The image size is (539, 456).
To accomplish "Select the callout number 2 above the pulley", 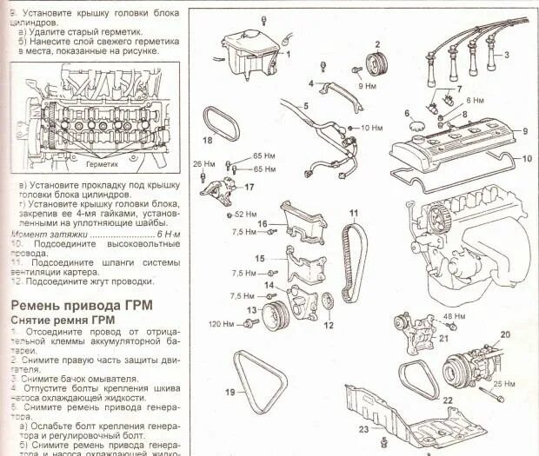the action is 377,44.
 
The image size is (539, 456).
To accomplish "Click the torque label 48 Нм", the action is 455,316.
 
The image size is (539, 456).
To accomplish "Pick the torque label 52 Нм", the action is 246,214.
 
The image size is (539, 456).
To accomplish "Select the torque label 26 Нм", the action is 203,162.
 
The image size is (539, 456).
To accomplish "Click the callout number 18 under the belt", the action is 207,139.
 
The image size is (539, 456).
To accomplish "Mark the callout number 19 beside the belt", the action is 230,392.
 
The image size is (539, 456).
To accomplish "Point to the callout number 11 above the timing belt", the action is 354,214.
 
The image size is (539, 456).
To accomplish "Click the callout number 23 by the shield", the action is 363,429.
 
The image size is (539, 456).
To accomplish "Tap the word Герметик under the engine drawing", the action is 102,162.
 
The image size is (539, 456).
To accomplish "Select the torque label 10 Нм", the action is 371,128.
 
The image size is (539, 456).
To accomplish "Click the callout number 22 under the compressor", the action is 448,401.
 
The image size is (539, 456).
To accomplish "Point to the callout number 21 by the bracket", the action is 443,338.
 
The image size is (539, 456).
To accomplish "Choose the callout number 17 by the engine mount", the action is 249,187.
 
